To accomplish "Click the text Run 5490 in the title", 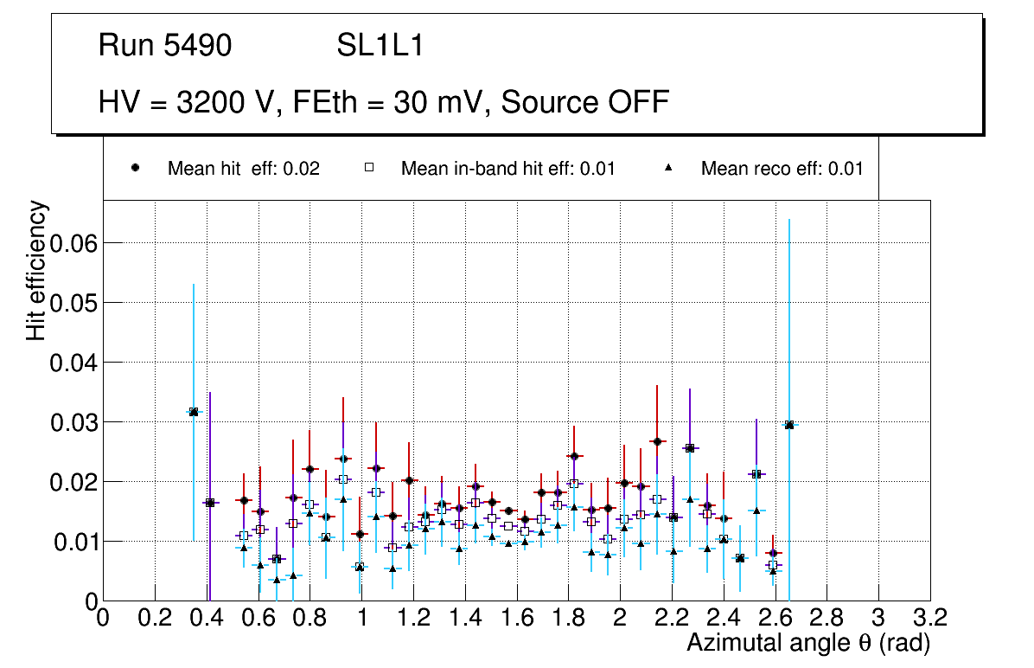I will point(165,46).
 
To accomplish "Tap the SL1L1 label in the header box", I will point(380,46).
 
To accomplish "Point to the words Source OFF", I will point(585,102).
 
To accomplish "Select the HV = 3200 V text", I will point(188,102).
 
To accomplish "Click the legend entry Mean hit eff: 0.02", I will point(243,169).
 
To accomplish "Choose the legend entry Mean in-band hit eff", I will point(507,169).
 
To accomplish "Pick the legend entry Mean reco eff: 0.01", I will point(782,169).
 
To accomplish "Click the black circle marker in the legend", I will point(136,168).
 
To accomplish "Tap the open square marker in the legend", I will point(369,168).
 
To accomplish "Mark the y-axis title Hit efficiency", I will point(36,270).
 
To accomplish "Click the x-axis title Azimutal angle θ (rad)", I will point(807,643).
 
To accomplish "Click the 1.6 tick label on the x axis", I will point(516,618).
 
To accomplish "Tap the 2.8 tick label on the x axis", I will point(827,618).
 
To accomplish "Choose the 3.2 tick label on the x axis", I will point(929,618).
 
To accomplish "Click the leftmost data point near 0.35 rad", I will point(194,412).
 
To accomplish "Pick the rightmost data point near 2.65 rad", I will point(788,425).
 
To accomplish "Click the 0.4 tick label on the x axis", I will point(207,618).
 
